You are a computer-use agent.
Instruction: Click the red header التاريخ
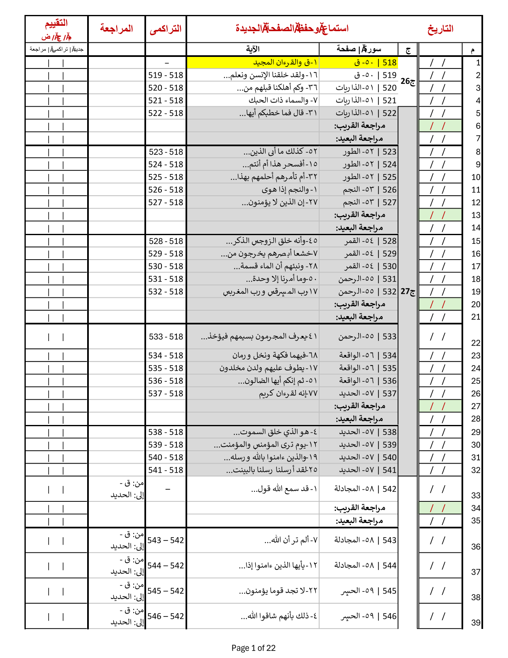click(440, 29)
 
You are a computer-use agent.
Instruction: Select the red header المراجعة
click(117, 28)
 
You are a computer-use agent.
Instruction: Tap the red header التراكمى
click(166, 29)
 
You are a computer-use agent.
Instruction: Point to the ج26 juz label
click(408, 81)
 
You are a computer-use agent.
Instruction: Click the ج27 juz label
click(408, 292)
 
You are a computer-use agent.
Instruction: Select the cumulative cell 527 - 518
click(166, 202)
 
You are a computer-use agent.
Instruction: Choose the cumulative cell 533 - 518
click(166, 336)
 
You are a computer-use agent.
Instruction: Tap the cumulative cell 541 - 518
click(166, 470)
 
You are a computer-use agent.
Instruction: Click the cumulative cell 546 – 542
click(166, 616)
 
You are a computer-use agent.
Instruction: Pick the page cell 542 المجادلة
click(365, 489)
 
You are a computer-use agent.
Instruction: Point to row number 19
click(476, 292)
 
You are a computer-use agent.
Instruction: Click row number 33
click(476, 495)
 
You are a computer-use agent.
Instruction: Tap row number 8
click(478, 152)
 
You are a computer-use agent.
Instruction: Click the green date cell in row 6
click(440, 126)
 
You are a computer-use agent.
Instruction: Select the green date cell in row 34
click(440, 508)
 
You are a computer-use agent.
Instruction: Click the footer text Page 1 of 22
click(253, 648)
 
